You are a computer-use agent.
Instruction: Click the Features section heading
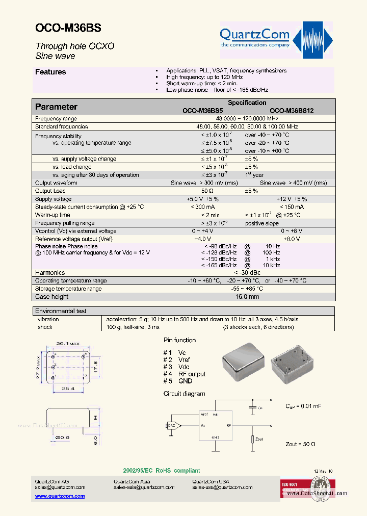50,72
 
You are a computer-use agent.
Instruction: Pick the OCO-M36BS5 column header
203,111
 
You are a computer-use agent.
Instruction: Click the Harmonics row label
50,273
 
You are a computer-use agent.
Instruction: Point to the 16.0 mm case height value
247,297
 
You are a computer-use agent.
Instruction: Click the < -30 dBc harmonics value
247,273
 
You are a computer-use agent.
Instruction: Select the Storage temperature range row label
68,289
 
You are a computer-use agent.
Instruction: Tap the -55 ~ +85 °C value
247,289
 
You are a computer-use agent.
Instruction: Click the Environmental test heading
61,311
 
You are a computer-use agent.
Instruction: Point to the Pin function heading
179,340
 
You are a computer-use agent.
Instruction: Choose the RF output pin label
192,374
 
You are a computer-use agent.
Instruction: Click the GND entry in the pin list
186,381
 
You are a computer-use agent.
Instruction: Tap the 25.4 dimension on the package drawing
68,388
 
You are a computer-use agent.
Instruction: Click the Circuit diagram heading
184,394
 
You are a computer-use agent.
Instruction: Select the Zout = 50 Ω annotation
300,444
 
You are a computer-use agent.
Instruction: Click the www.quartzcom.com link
53,496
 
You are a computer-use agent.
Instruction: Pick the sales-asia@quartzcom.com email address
144,487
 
